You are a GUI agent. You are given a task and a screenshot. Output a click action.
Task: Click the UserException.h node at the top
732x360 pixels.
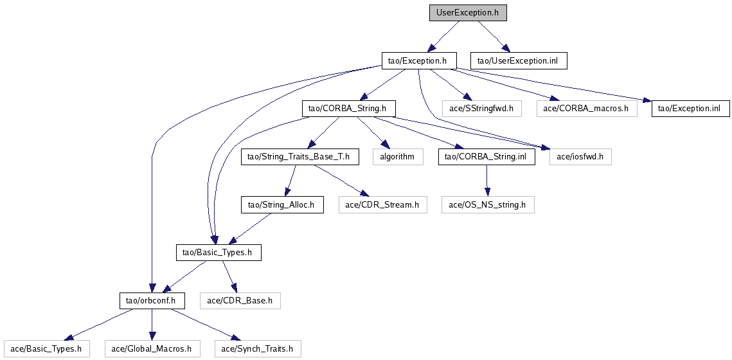(x=463, y=13)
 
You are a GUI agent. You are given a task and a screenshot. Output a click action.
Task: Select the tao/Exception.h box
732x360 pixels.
(x=418, y=61)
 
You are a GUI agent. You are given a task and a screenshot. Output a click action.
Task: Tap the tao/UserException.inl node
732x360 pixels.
(x=519, y=61)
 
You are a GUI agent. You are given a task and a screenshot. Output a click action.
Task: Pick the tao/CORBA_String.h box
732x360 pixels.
(x=348, y=109)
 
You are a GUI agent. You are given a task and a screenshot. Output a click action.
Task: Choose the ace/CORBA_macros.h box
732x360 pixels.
(x=587, y=109)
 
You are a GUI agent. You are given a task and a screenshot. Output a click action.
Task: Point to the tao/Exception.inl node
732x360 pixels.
(x=691, y=109)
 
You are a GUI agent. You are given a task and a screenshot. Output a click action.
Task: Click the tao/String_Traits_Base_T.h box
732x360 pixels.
(x=299, y=157)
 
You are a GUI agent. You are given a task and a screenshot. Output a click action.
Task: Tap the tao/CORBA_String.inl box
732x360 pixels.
(x=487, y=157)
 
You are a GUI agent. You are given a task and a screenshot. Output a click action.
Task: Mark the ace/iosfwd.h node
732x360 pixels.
(x=580, y=157)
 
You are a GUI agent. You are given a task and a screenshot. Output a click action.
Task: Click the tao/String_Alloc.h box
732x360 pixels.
(x=281, y=205)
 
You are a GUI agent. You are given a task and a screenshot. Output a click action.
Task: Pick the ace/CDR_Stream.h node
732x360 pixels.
(x=382, y=205)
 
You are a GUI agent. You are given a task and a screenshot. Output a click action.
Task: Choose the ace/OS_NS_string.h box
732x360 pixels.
(x=487, y=205)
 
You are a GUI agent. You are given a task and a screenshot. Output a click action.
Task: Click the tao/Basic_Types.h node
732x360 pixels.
(x=219, y=253)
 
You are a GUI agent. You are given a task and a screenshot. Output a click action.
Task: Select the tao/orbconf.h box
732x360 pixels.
(x=152, y=301)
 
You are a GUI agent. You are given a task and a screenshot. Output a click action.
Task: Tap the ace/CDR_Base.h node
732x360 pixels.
(x=240, y=301)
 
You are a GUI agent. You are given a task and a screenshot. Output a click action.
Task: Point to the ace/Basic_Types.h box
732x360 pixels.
(x=46, y=349)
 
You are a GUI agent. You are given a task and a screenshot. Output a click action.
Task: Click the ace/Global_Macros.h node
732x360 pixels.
(x=152, y=349)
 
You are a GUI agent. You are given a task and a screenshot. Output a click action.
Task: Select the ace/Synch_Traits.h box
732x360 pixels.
(x=257, y=349)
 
